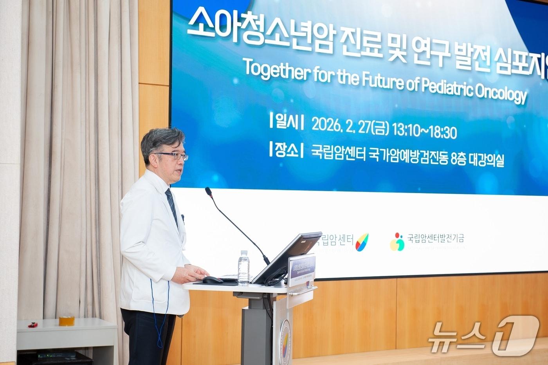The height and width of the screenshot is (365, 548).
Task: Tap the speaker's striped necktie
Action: pos(171,206)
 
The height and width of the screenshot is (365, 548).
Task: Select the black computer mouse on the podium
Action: pos(213,280)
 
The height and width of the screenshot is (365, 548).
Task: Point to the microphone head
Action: pos(209,192)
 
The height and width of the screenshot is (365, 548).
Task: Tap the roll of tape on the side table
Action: pos(67,321)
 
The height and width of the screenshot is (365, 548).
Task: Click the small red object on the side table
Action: pos(33,325)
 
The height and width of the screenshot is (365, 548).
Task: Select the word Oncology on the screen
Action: pos(501,92)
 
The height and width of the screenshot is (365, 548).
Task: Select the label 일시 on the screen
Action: pos(286,122)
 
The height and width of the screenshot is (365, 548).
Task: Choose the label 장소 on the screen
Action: pos(286,150)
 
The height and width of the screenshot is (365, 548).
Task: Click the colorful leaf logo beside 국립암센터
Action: pos(362,242)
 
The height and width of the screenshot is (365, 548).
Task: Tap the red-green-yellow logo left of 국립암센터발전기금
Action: pos(397,242)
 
